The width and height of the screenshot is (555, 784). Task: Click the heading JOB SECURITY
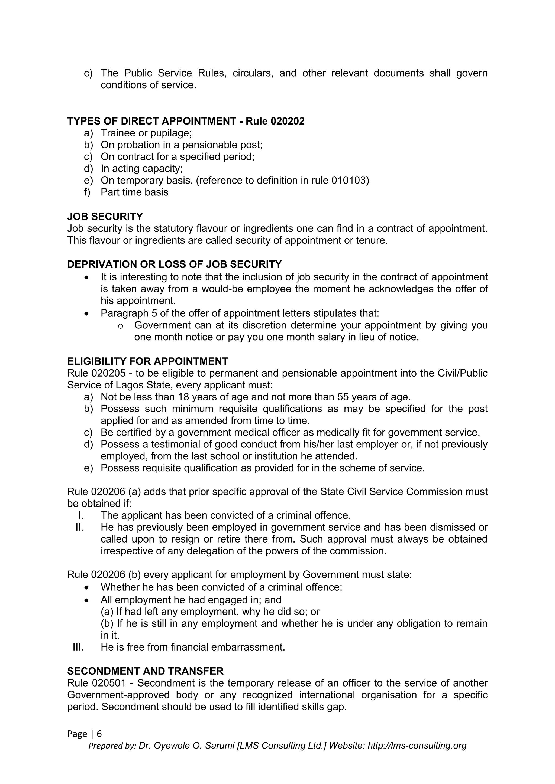coord(105,217)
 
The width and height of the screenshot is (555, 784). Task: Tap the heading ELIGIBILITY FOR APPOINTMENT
coord(148,361)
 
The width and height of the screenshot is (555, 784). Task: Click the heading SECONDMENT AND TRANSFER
coord(145,671)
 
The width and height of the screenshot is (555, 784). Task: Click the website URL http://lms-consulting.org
coord(417,746)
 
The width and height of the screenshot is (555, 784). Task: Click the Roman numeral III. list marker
coord(78,647)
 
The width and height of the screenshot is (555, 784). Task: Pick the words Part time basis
coord(134,192)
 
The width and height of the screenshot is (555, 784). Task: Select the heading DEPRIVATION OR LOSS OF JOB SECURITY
coord(174,264)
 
